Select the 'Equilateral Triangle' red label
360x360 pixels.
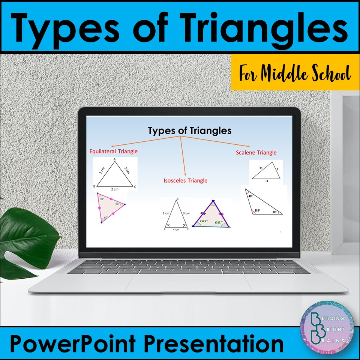point(113,151)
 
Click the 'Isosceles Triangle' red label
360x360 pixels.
point(185,180)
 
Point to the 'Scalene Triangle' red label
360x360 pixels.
point(256,153)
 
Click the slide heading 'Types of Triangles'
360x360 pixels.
point(189,131)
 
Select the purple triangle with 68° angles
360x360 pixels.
point(211,216)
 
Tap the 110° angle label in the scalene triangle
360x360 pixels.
point(258,210)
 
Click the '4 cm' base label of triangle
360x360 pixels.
point(176,229)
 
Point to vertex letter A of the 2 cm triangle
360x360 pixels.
point(114,159)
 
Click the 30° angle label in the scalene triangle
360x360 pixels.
point(274,211)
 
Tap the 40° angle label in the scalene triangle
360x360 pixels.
point(250,196)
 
